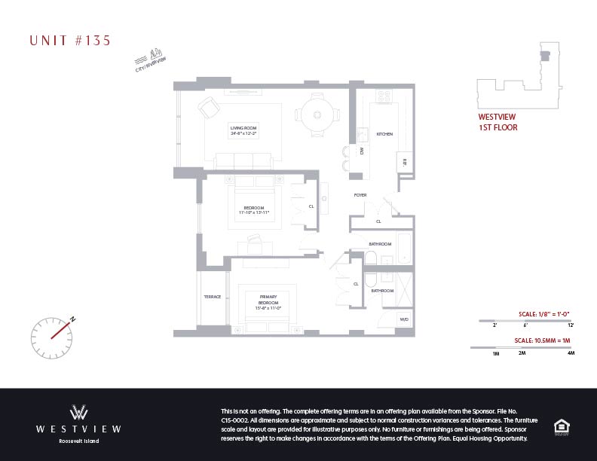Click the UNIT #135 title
(x=70, y=41)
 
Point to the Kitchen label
(x=384, y=134)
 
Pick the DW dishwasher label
(x=362, y=151)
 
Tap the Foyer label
(x=360, y=195)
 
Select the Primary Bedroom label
(x=268, y=300)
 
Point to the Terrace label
(x=213, y=297)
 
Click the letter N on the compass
(x=73, y=319)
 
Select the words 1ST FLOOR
(x=498, y=128)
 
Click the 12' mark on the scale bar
(x=571, y=325)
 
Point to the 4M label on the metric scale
(x=571, y=353)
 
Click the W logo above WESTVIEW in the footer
(x=79, y=412)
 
